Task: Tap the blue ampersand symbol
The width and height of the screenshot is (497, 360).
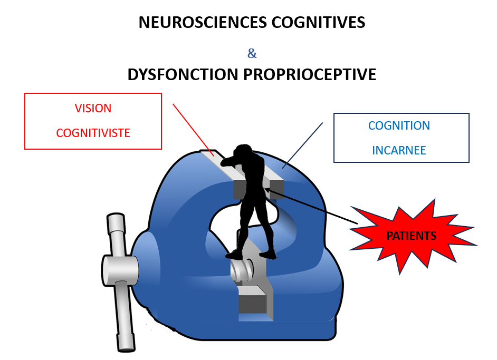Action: pyautogui.click(x=252, y=53)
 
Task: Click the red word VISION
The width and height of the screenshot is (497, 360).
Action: pyautogui.click(x=93, y=108)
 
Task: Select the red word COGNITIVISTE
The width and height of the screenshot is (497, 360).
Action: pyautogui.click(x=93, y=133)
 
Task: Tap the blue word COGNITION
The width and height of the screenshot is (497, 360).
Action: pyautogui.click(x=399, y=126)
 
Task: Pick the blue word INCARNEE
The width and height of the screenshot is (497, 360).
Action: pyautogui.click(x=399, y=150)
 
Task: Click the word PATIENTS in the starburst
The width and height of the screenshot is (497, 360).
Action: pyautogui.click(x=412, y=236)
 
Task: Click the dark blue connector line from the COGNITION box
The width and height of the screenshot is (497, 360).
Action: pyautogui.click(x=303, y=145)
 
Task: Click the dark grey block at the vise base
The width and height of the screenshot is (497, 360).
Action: pyautogui.click(x=252, y=303)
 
